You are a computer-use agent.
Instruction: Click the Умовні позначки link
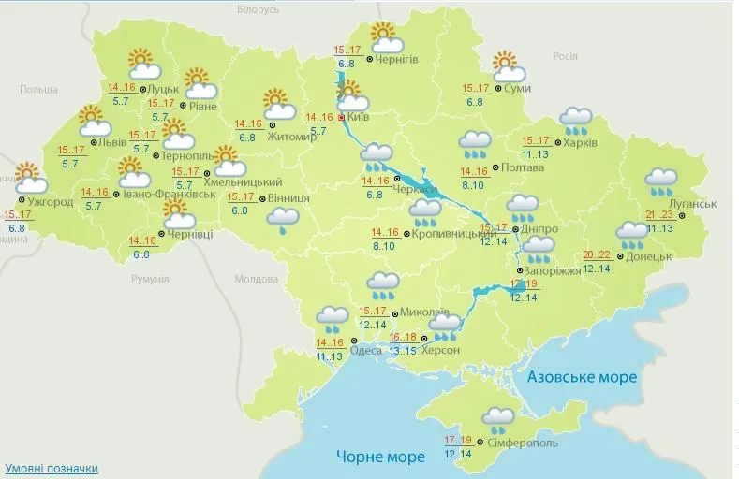point(52,468)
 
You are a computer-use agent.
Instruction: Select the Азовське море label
point(582,377)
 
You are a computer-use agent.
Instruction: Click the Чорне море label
point(380,457)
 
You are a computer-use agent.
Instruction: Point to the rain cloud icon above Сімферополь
point(496,417)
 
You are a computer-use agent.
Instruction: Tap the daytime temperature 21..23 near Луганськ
point(659,214)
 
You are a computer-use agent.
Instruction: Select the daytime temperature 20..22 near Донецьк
point(597,255)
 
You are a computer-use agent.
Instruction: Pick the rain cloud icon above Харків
point(575,119)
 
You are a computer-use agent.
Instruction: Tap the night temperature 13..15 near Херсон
point(404,351)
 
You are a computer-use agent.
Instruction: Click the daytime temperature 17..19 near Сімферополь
point(458,440)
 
